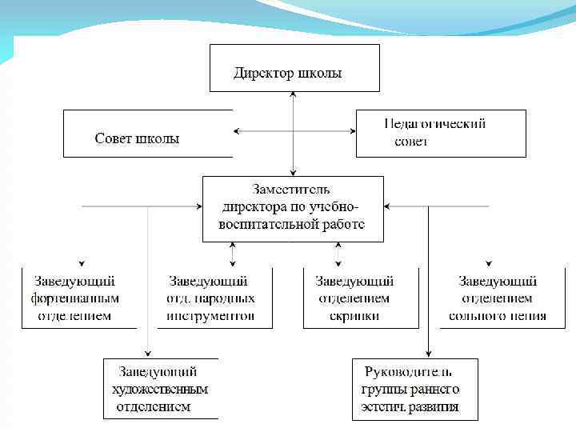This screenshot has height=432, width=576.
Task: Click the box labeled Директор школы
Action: click(x=294, y=68)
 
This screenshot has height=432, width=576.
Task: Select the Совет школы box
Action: click(x=148, y=134)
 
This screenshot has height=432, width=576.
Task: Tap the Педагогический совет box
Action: click(x=441, y=134)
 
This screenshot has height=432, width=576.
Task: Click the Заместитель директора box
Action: click(x=293, y=208)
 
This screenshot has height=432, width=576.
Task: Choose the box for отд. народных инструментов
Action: click(x=211, y=298)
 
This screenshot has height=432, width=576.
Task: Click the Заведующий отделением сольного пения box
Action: click(x=498, y=298)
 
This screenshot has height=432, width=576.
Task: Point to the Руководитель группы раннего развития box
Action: click(x=415, y=389)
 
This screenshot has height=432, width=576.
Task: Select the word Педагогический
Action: click(x=435, y=124)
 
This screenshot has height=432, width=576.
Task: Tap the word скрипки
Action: click(x=354, y=315)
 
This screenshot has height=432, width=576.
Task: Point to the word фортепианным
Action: click(x=75, y=298)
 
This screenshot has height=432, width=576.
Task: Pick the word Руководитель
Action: click(x=408, y=372)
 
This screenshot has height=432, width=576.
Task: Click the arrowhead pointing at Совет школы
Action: click(x=236, y=131)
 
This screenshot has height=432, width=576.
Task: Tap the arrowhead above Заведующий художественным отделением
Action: click(x=148, y=354)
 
